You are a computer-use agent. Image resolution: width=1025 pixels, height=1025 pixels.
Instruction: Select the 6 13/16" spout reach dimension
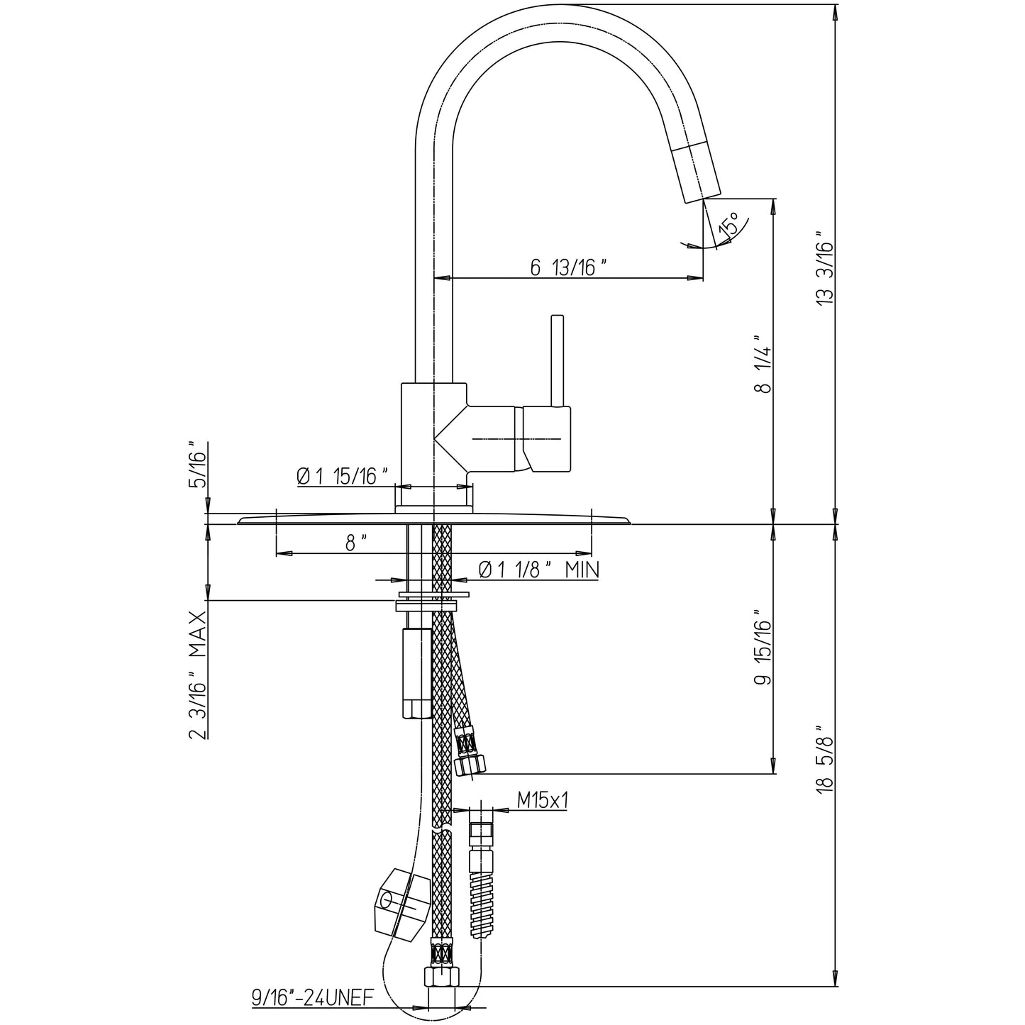point(569,267)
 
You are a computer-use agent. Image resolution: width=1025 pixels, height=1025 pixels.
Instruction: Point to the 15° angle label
point(728,225)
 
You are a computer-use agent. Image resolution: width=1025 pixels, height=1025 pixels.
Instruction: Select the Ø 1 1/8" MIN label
point(538,569)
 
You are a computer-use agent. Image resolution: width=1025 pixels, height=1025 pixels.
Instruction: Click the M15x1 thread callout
point(543,801)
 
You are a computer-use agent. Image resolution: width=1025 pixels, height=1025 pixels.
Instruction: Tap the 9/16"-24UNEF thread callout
point(312,998)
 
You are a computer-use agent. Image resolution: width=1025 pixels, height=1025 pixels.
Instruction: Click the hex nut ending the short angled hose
point(470,764)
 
